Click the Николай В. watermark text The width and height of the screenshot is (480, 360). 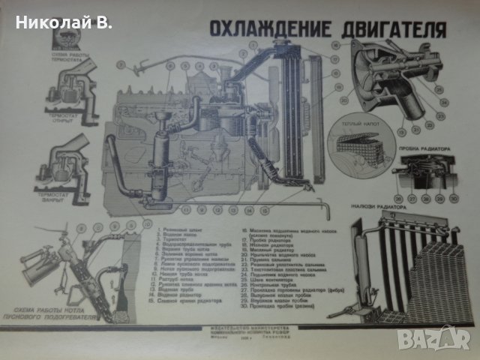pos(58,22)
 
